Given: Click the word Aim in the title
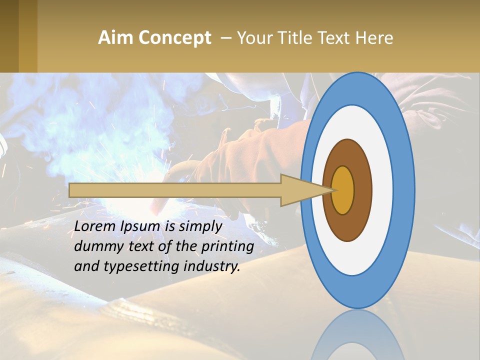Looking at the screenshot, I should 114,37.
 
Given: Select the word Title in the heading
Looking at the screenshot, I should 294,37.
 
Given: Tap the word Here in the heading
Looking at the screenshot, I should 374,37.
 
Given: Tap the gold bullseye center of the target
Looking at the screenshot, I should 343,190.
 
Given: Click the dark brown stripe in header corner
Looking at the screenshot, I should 9,36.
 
